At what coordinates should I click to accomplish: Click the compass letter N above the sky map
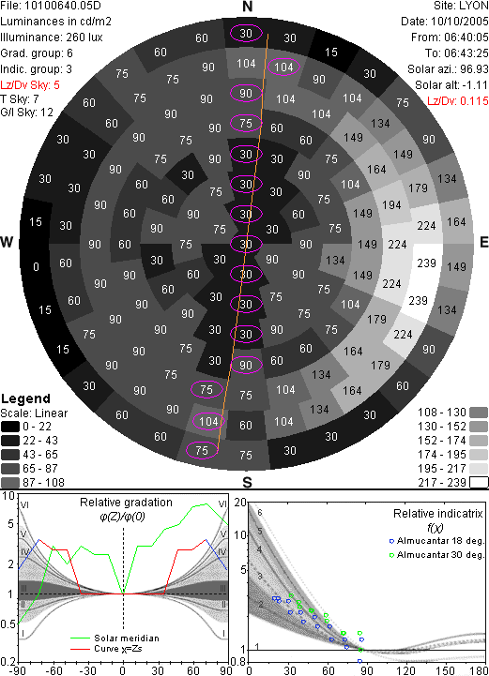coord(247,7)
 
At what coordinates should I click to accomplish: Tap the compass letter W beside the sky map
coord(7,242)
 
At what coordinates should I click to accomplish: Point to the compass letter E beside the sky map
coord(483,242)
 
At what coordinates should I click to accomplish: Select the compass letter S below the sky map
coord(247,483)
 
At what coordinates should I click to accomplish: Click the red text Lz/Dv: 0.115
coord(458,101)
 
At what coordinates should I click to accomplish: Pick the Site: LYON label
coord(461,6)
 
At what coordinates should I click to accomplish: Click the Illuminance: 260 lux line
coord(52,38)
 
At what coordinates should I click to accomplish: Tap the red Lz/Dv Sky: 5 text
coord(30,85)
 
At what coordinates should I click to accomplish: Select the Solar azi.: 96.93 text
coord(448,69)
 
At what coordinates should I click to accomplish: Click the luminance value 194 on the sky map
coord(391,205)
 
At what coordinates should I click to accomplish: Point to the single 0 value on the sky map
coord(36,267)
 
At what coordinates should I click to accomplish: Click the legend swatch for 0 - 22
coord(10,427)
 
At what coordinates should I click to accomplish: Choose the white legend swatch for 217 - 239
coord(479,483)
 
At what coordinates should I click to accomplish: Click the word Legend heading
coord(26,398)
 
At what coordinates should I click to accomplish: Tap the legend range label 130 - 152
coord(442,427)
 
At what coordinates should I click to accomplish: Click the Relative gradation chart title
coord(126,503)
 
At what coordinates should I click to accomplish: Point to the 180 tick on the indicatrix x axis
coord(479,670)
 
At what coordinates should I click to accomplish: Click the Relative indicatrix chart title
coord(438,514)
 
